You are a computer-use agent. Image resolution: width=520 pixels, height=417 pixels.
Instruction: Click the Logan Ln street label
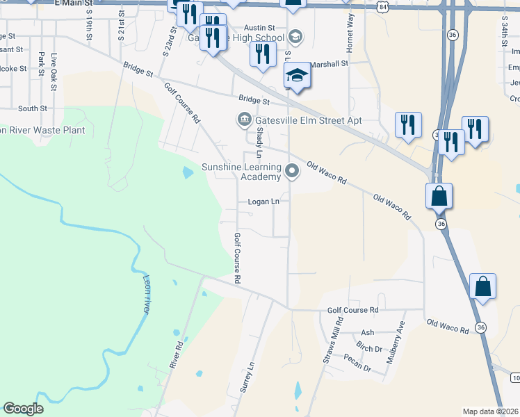click(264, 202)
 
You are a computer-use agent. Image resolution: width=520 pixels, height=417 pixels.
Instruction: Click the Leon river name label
click(147, 295)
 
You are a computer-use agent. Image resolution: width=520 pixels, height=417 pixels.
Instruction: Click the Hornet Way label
click(350, 29)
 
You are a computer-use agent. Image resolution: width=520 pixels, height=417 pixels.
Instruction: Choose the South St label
click(33, 108)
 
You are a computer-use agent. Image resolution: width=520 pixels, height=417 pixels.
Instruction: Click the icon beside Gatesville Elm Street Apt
click(244, 120)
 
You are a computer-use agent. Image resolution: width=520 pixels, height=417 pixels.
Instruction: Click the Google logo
click(23, 409)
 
